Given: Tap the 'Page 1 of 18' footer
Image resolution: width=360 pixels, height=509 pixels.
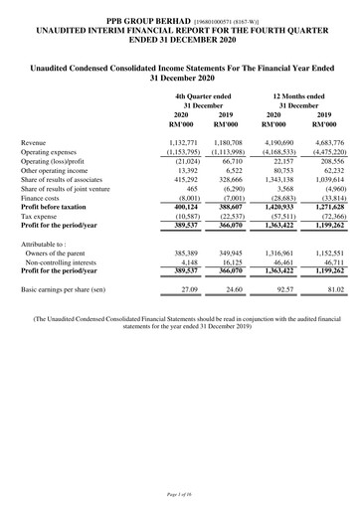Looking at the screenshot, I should click(x=179, y=493).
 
